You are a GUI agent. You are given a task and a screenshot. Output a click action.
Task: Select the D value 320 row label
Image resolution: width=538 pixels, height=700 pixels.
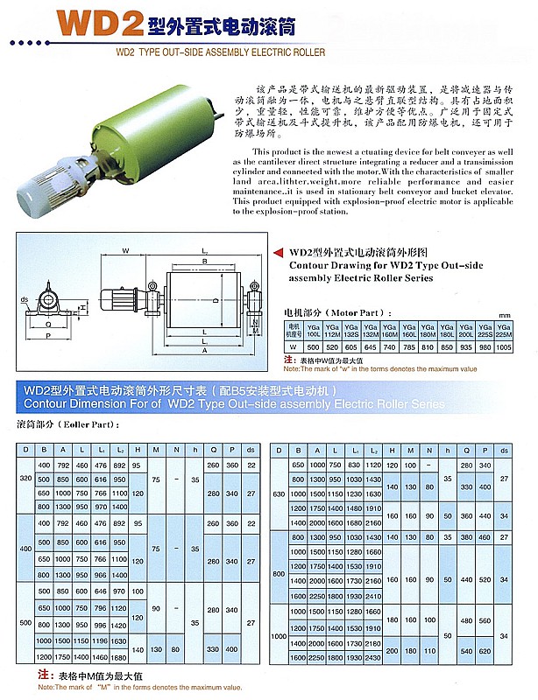point(25,479)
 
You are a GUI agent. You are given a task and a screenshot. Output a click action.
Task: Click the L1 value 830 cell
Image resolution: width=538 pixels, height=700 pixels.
point(354,464)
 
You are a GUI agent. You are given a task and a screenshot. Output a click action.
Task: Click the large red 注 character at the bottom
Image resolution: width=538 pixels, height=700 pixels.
point(41,675)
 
